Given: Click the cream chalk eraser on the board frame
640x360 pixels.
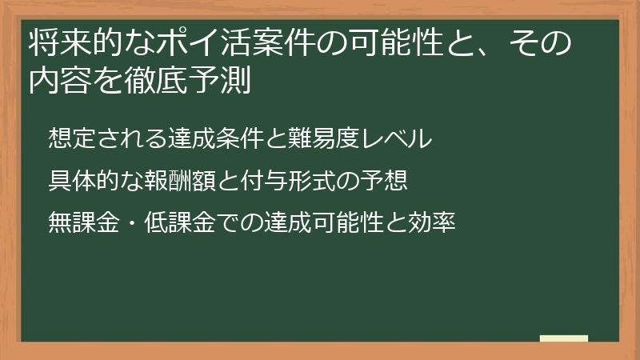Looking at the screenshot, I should tap(563, 339).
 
